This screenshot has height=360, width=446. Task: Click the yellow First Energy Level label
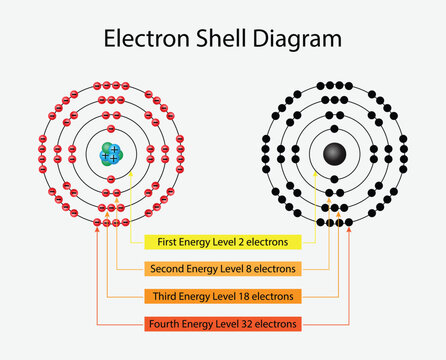tap(222, 242)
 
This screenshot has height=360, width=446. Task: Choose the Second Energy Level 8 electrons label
tap(222, 269)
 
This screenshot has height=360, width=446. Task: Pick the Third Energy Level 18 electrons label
tap(222, 296)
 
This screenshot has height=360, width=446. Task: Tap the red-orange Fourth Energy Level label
tap(222, 323)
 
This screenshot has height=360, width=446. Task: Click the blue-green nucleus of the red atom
tap(110, 153)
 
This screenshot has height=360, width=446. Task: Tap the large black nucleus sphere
tap(333, 153)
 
